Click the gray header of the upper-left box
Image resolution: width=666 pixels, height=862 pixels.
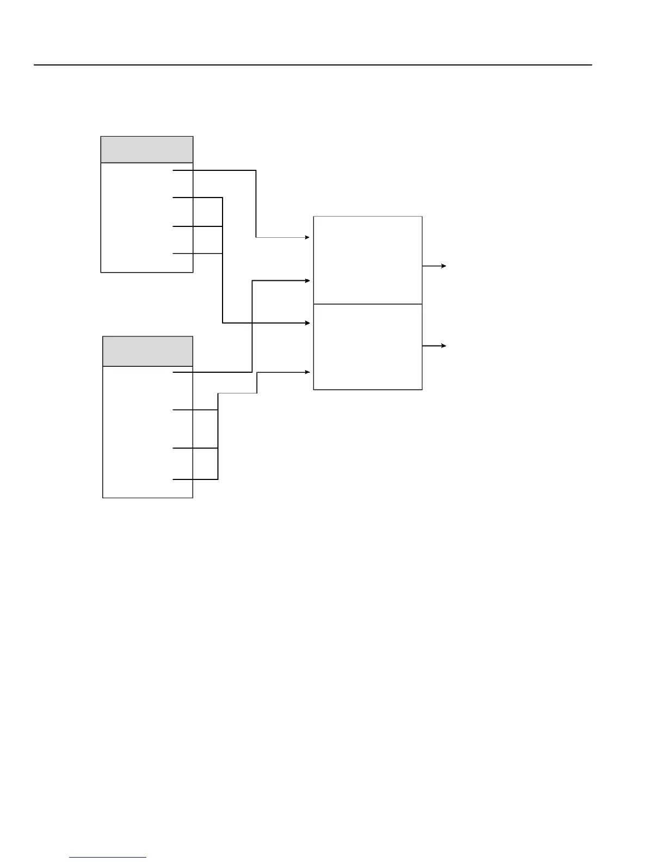147,150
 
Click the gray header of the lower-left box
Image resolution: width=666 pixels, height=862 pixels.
147,352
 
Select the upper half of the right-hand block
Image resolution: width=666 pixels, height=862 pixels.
368,260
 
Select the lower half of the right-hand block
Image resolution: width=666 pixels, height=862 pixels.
368,347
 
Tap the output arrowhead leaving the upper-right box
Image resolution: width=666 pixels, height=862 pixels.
444,266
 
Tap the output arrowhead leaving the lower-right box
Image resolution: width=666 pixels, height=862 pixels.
444,346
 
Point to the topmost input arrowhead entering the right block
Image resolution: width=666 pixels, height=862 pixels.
308,237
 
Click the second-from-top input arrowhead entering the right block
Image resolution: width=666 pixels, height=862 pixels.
308,281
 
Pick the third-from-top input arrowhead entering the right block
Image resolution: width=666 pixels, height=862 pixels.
308,323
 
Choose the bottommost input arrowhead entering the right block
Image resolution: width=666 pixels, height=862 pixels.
308,372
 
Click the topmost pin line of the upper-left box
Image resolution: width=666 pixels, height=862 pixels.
183,170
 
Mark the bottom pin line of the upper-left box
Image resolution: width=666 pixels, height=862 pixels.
183,254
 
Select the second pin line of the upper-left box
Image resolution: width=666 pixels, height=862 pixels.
183,198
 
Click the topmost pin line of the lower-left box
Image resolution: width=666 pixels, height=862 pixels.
183,372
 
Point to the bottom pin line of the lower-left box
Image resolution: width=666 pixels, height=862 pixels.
183,479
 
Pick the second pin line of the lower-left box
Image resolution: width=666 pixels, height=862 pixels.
183,410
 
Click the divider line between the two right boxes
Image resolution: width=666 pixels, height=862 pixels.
368,304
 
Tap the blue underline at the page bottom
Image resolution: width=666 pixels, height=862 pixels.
108,858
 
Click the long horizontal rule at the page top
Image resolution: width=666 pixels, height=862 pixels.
313,65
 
